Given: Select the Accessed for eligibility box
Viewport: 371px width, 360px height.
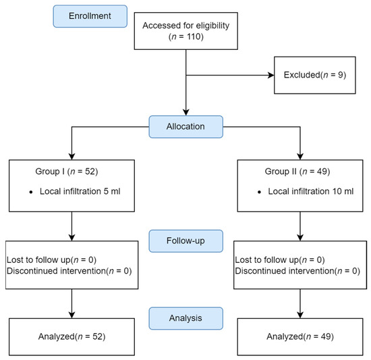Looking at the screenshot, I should [185, 31].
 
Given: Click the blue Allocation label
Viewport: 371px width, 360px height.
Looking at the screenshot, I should [185, 125].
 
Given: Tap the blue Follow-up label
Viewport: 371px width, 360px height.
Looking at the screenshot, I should [185, 240].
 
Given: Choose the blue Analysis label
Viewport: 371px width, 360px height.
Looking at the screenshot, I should [185, 316].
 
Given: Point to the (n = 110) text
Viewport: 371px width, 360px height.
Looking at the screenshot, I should [185, 37].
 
